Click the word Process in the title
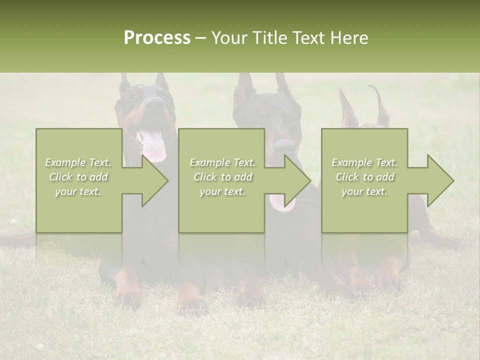(157, 38)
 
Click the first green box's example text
(78, 177)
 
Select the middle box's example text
(222, 177)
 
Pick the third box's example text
(364, 177)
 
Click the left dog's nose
(155, 104)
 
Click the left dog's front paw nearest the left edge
(127, 295)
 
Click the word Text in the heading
(311, 38)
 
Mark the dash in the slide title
(201, 38)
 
